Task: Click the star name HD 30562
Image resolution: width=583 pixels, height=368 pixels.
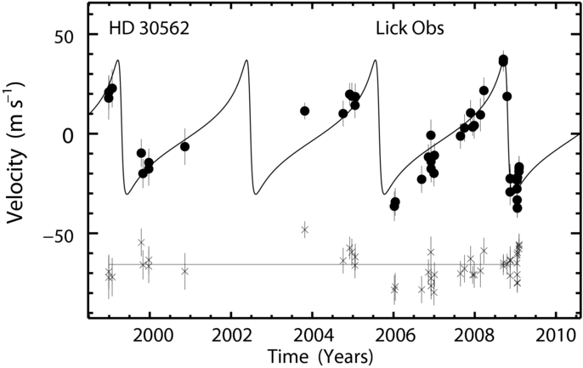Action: click(x=149, y=29)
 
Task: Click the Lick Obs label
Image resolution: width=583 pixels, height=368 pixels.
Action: click(x=410, y=29)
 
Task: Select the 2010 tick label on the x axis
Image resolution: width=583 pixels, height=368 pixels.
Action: click(x=555, y=337)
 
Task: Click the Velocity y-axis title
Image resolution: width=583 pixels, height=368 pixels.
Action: click(x=15, y=152)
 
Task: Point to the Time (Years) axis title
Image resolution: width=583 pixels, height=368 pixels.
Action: click(x=320, y=356)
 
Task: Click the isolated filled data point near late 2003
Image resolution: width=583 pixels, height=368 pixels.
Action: click(x=305, y=110)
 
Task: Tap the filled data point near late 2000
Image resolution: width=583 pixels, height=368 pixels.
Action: click(x=184, y=147)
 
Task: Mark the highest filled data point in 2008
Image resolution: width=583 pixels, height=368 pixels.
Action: click(x=503, y=59)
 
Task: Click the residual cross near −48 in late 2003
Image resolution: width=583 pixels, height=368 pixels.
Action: click(x=305, y=229)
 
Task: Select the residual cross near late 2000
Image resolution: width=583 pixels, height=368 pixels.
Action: click(x=184, y=271)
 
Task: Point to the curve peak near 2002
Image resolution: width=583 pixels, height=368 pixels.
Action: click(x=246, y=59)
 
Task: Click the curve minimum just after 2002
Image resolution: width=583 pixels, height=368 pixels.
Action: click(x=256, y=194)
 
